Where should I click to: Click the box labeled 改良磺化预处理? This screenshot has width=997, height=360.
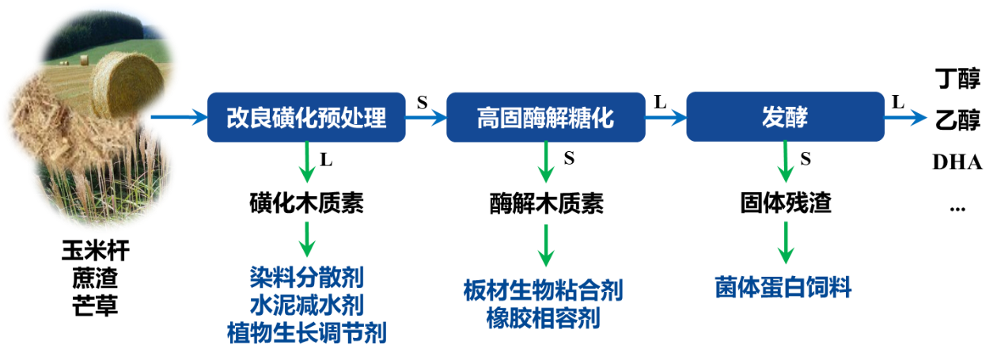[x=306, y=117]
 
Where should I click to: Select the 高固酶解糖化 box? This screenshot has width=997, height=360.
[x=545, y=117]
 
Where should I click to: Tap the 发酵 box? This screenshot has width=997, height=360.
[x=784, y=117]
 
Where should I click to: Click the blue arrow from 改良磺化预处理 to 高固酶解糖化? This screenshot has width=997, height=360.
[x=426, y=118]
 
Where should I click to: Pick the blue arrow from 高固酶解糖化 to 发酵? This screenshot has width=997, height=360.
[x=665, y=118]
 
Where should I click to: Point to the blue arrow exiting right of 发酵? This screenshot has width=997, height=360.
[x=905, y=118]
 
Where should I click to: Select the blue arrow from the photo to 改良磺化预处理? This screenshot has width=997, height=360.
[x=178, y=118]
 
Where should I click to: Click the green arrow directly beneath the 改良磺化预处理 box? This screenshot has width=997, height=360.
[x=306, y=163]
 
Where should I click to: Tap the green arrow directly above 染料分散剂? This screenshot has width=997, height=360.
[x=306, y=238]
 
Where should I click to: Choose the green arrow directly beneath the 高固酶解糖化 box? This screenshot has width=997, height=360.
[x=545, y=163]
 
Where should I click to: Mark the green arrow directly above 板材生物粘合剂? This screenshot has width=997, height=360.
[x=545, y=246]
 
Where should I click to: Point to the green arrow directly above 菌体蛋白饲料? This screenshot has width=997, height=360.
[x=785, y=242]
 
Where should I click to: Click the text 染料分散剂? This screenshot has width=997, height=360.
[x=306, y=278]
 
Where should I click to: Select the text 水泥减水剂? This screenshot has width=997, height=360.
[x=306, y=305]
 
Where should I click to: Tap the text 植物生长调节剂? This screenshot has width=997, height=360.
[x=306, y=332]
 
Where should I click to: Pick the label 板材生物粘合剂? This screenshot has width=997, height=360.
[x=544, y=291]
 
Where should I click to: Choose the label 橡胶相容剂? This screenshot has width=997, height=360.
[x=544, y=319]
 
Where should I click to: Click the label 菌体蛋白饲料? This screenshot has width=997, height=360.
[x=783, y=287]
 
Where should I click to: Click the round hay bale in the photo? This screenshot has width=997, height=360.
[x=127, y=85]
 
